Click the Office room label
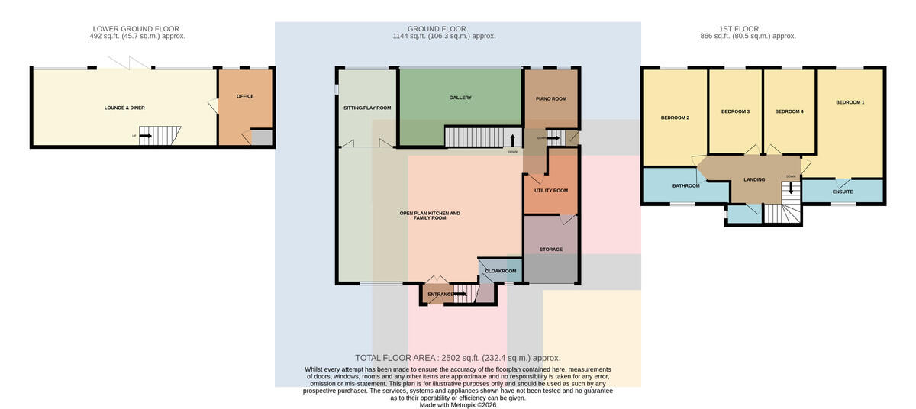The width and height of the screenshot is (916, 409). pos(245,96)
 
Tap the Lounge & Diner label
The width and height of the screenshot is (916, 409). pos(124,108)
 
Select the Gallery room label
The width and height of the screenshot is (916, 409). pos(460,98)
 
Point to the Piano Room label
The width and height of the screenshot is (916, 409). pos(551,99)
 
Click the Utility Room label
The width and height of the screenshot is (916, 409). pos(551,191)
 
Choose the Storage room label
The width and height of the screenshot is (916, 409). pos(551,250)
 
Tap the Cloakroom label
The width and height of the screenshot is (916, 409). pos(501,271)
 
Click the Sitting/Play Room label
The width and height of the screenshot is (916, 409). pos(367,108)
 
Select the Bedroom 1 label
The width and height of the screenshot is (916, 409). pos(850,102)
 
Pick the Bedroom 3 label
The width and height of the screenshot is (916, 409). pos(735,111)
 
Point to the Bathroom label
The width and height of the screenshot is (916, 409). pos(685,186)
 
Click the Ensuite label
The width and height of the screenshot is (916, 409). pos(843,192)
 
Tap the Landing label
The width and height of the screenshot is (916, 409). pos(754,179)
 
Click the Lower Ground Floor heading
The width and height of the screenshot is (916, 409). pos(136,29)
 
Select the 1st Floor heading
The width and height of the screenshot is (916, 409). pos(739,29)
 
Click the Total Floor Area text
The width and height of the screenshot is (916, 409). pos(457,359)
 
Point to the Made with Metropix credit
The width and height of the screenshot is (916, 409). pos(457,405)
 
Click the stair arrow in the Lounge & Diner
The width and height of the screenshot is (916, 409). pos(145,136)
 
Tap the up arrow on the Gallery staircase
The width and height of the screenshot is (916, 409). pos(512,140)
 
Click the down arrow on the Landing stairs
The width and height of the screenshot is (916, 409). pos(791,188)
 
